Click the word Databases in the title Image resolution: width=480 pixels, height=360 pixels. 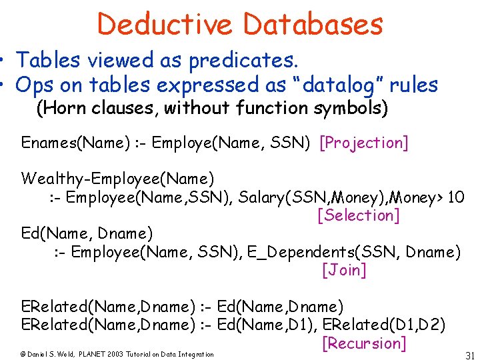coord(313,24)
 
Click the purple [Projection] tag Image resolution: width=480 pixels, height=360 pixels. coord(364,143)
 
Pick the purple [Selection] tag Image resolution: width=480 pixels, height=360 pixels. coord(359,215)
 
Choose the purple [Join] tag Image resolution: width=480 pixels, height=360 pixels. coord(344,270)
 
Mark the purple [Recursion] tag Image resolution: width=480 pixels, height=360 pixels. coord(364,343)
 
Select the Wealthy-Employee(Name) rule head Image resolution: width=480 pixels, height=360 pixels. coord(117,179)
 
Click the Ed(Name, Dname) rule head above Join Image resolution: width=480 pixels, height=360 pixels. coord(87,234)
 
